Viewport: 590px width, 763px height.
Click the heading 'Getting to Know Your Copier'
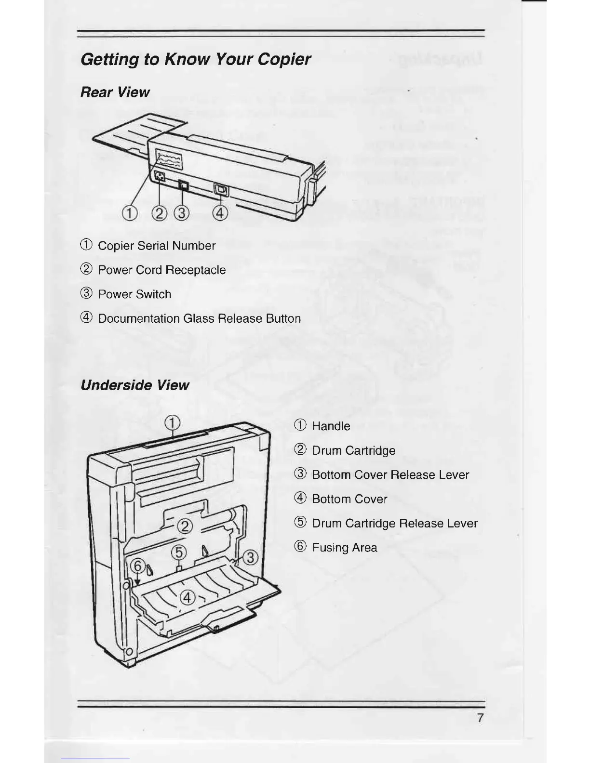[x=195, y=59]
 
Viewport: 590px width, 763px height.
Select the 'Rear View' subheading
[x=115, y=92]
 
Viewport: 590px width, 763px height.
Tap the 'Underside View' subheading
[x=134, y=385]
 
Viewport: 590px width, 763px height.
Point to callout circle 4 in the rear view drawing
[x=220, y=212]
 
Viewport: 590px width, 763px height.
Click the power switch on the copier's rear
[x=183, y=185]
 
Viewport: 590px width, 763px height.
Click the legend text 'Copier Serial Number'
[x=156, y=246]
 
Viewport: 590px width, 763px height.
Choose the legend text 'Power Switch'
[x=134, y=294]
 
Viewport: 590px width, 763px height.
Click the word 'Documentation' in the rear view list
[x=139, y=318]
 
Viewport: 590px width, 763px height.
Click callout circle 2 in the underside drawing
[x=185, y=526]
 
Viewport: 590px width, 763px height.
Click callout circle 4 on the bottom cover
[x=187, y=598]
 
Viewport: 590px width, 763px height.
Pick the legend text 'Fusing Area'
[x=344, y=548]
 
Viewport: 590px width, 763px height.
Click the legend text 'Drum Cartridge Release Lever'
[x=394, y=523]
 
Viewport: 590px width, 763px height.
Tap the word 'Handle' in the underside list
[x=331, y=426]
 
